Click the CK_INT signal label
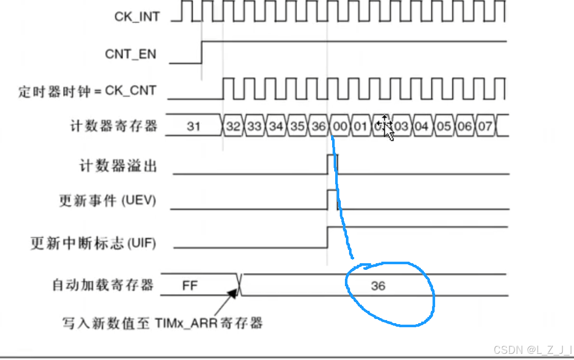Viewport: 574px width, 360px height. point(137,16)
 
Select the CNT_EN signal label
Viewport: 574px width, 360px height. point(130,54)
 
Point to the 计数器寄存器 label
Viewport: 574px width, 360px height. point(113,125)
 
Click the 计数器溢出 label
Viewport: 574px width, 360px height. point(118,166)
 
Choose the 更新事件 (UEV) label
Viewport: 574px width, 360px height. point(108,201)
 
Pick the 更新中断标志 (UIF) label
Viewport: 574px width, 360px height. point(93,243)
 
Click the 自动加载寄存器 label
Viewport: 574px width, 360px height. point(103,285)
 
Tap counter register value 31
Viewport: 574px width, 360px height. point(193,126)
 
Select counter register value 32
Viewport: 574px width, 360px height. point(233,126)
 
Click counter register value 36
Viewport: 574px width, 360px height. point(318,126)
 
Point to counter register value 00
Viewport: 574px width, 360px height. point(339,126)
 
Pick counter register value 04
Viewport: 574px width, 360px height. point(422,126)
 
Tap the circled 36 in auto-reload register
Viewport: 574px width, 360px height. point(378,286)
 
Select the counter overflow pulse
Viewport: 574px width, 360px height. point(332,165)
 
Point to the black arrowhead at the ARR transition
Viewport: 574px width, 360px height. point(234,292)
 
